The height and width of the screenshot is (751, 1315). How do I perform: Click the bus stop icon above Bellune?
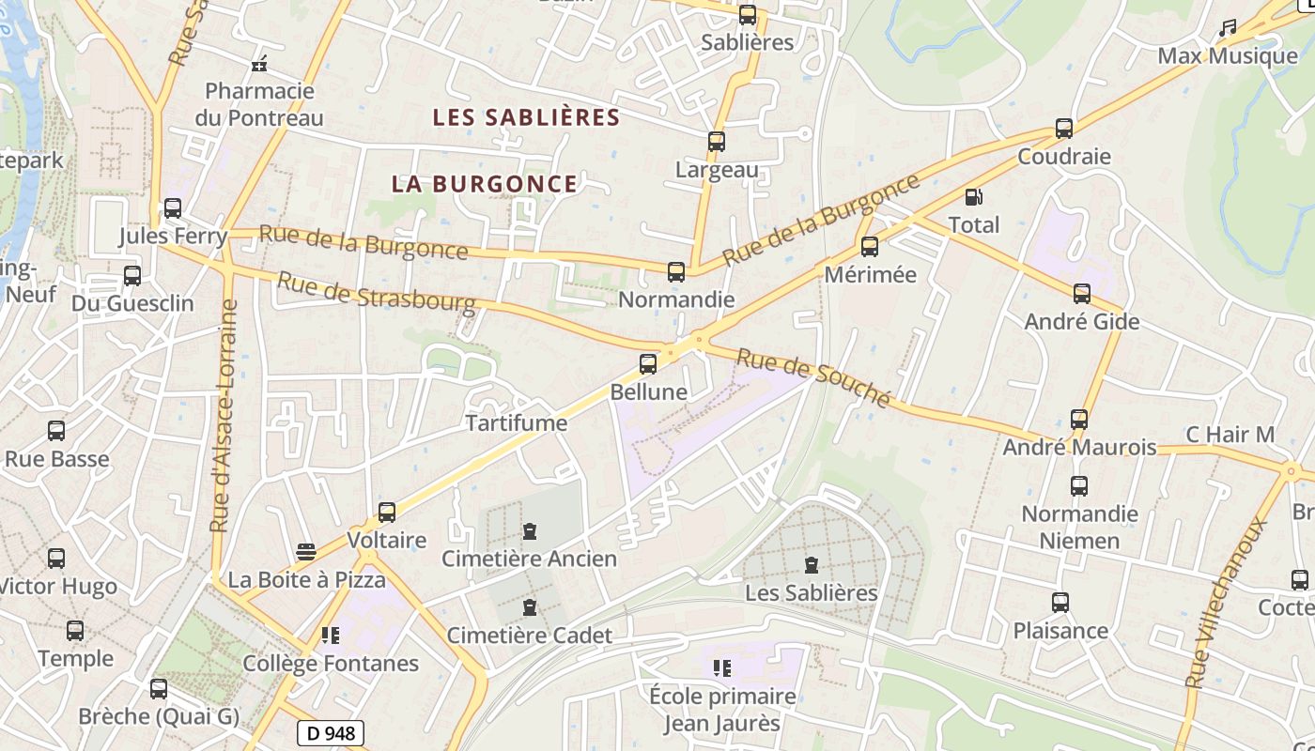[648, 364]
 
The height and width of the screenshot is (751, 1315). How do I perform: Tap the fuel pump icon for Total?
[974, 197]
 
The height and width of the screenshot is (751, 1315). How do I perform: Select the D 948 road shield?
[331, 732]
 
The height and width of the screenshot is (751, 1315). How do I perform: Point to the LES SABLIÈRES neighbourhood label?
[526, 117]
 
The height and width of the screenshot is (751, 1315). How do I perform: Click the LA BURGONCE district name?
[485, 184]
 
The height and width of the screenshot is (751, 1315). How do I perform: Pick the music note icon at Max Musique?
[1227, 29]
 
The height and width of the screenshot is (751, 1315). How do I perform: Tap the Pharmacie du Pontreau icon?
[259, 64]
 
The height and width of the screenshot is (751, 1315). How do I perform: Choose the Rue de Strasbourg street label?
[376, 292]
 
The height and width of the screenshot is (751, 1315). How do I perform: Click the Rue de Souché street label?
[812, 377]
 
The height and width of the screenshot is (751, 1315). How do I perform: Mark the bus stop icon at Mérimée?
[870, 247]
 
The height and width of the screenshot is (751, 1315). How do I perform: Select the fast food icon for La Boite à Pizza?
[306, 551]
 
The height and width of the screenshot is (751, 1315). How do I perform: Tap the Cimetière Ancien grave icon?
[530, 531]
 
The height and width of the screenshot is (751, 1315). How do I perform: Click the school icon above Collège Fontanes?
[330, 636]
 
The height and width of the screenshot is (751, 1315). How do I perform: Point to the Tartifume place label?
[517, 423]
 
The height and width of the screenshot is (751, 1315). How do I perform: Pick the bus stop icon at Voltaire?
[387, 513]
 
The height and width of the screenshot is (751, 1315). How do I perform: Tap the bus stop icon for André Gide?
[1082, 294]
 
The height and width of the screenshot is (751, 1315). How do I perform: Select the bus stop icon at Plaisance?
[1060, 603]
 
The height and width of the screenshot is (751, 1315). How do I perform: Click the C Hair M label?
[1230, 435]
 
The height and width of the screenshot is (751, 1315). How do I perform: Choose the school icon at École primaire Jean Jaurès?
[722, 668]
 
